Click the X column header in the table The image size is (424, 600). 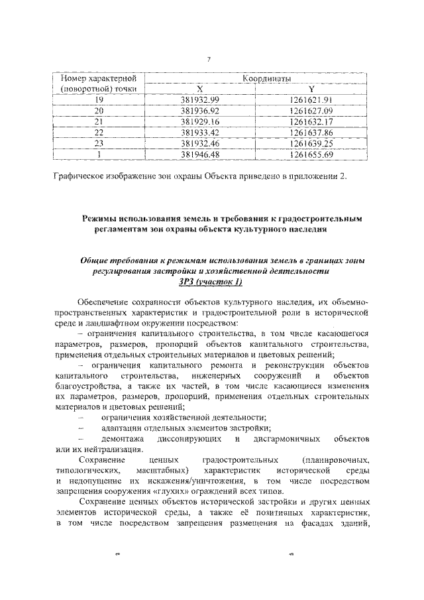(200, 90)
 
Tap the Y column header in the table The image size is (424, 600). (311, 90)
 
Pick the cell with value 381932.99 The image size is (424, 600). (199, 100)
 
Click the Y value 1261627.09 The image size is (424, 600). (311, 111)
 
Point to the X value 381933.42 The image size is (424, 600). (199, 133)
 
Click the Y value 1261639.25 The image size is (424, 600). (311, 143)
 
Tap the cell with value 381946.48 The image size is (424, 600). (199, 154)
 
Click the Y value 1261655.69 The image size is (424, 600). (311, 154)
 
